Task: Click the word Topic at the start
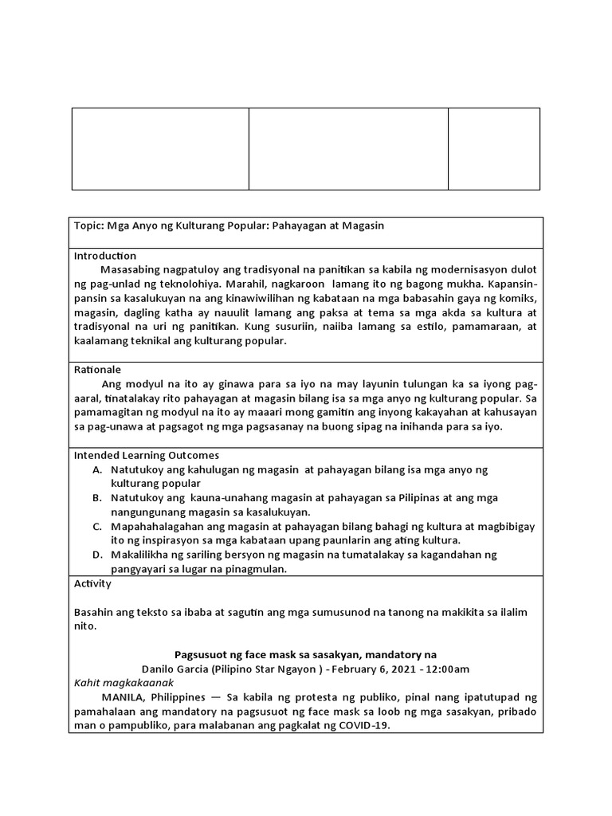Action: pyautogui.click(x=87, y=226)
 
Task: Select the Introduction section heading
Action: pyautogui.click(x=105, y=256)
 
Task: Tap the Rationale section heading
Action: pyautogui.click(x=97, y=370)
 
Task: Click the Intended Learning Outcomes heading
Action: pyautogui.click(x=146, y=455)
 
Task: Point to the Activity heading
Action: pyautogui.click(x=92, y=583)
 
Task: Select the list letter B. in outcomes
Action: pyautogui.click(x=98, y=498)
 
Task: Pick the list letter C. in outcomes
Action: pyautogui.click(x=98, y=527)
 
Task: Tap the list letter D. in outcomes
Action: pyautogui.click(x=98, y=555)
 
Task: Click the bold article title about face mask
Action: pyautogui.click(x=305, y=654)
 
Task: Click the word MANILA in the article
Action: pyautogui.click(x=122, y=696)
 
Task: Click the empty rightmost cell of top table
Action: pyautogui.click(x=494, y=149)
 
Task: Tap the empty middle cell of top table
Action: pyautogui.click(x=348, y=149)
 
